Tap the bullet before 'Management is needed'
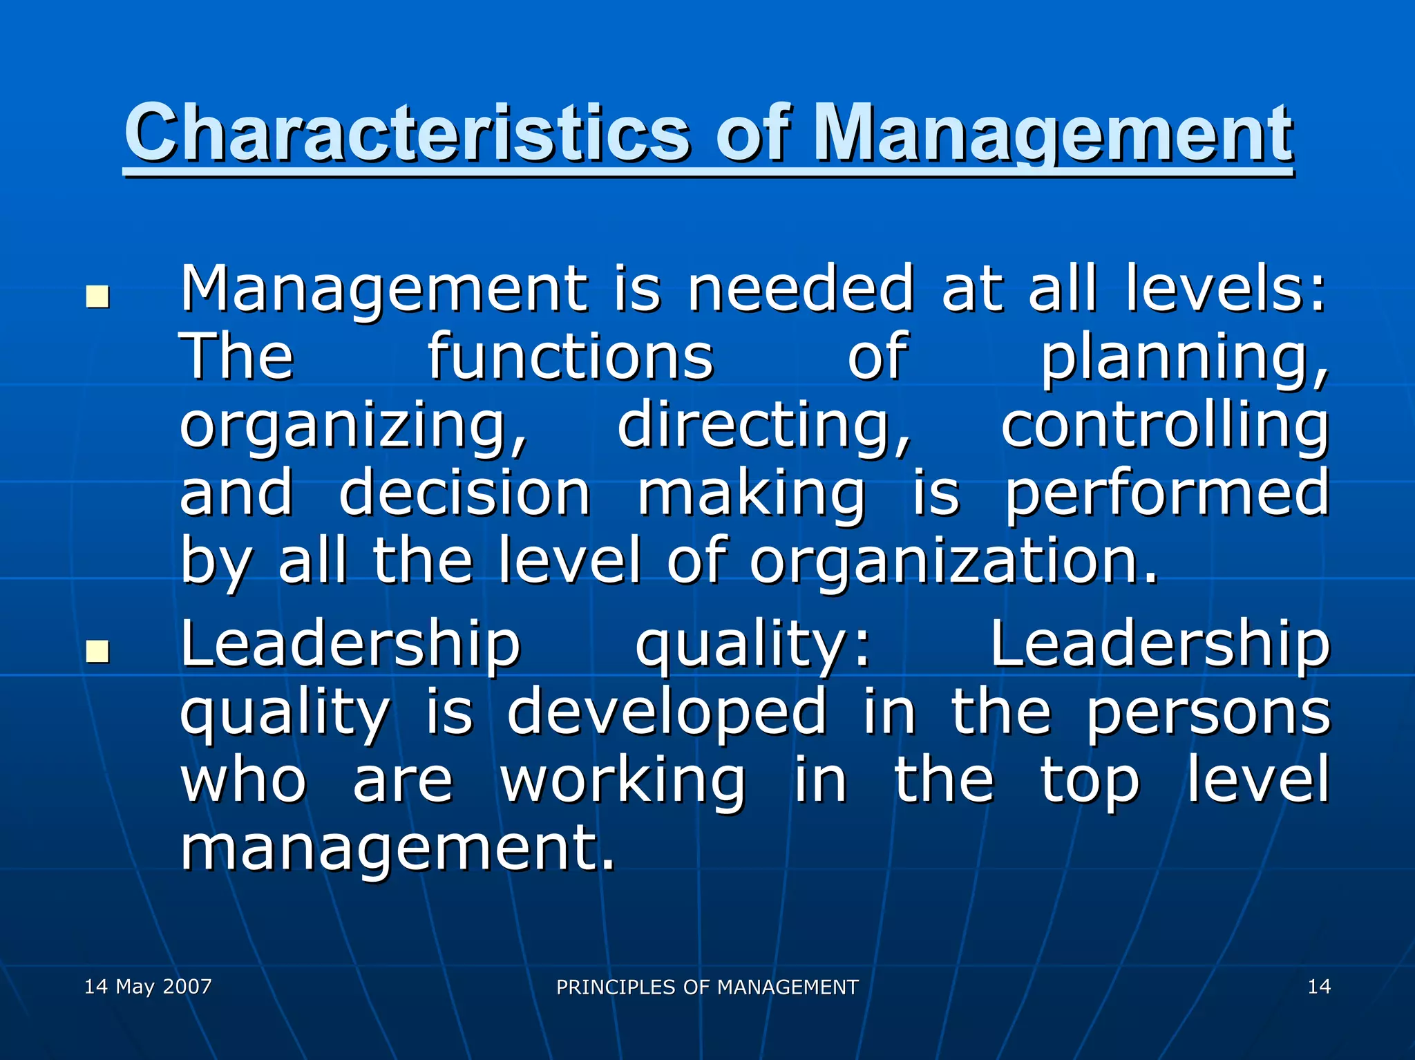click(x=97, y=296)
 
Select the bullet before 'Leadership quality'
click(x=97, y=650)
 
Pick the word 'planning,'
click(x=1184, y=358)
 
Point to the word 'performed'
click(x=1166, y=494)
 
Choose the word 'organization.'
click(x=953, y=561)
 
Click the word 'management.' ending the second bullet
click(x=397, y=849)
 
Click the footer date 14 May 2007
click(x=148, y=986)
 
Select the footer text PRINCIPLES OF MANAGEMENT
click(x=707, y=987)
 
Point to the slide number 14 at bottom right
click(x=1319, y=986)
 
